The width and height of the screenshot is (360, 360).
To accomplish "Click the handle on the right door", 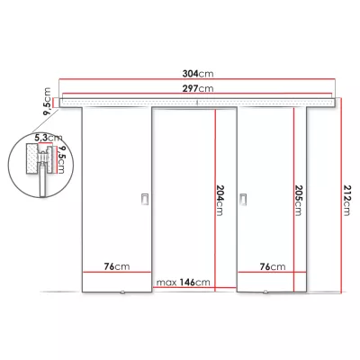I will tap(242, 199).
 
